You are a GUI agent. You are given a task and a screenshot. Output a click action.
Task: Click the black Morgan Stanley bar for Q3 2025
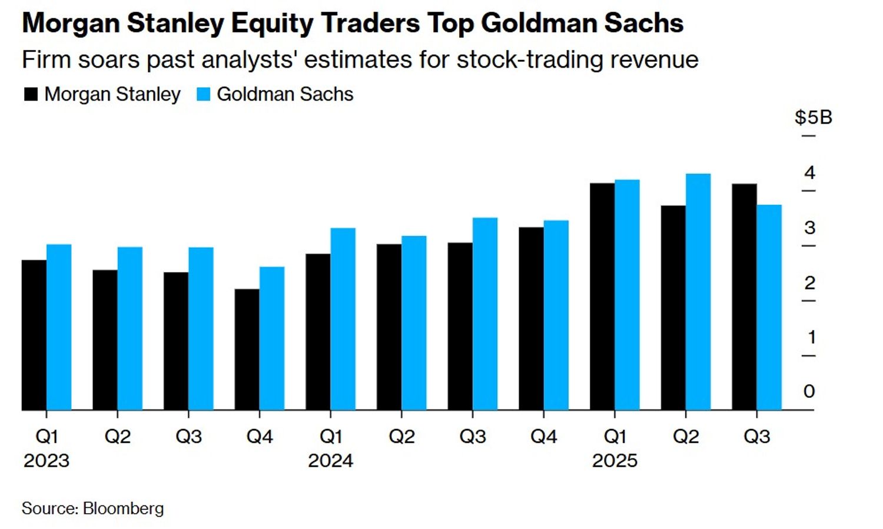[x=744, y=297]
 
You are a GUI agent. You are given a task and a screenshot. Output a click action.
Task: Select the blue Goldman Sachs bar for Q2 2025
[x=698, y=292]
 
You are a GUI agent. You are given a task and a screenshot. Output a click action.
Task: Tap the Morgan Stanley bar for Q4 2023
[x=247, y=350]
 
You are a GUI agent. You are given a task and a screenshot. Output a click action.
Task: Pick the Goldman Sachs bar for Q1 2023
[x=59, y=327]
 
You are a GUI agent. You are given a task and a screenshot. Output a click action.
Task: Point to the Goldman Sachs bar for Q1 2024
[x=343, y=319]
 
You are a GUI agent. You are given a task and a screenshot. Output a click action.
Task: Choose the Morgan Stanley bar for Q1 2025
[x=602, y=297]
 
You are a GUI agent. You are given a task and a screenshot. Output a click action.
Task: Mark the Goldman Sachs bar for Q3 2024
[x=485, y=314]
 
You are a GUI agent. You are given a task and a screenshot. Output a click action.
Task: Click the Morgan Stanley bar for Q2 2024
[x=389, y=327]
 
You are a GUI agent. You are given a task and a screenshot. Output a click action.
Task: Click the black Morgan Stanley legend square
[x=31, y=94]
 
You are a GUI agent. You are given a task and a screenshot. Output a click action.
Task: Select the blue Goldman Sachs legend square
[x=203, y=94]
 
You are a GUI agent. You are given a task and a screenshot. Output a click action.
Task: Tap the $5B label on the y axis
[x=813, y=117]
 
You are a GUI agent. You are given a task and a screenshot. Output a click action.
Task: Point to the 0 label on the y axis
[x=809, y=391]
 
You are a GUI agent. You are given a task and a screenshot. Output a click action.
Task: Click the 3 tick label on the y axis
[x=810, y=228]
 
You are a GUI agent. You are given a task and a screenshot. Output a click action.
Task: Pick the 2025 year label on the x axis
[x=615, y=460]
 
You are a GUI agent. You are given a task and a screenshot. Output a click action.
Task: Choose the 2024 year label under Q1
[x=330, y=460]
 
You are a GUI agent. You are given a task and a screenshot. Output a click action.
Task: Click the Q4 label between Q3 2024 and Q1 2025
[x=543, y=437]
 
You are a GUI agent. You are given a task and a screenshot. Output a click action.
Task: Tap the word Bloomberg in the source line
[x=123, y=508]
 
